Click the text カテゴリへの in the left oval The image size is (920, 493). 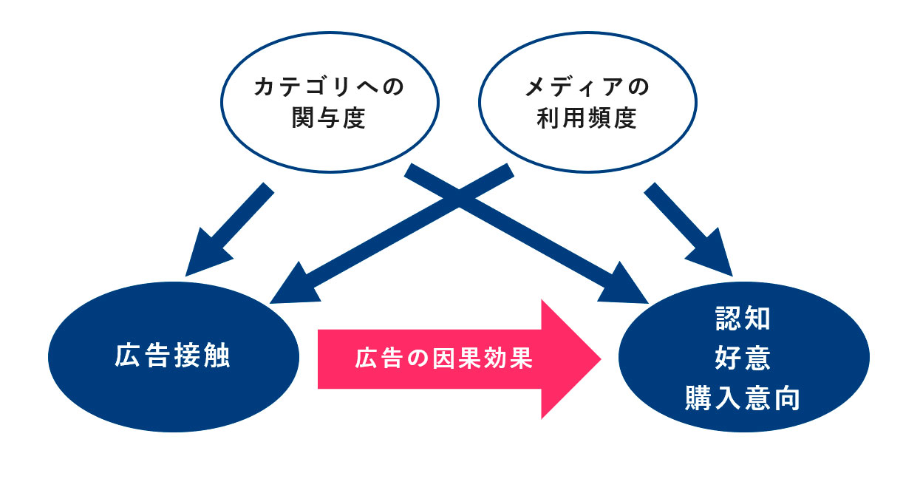pos(329,87)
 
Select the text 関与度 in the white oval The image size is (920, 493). pos(329,118)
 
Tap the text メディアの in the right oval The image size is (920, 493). pos(587,87)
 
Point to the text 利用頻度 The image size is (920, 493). pos(587,118)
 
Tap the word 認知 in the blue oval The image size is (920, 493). pos(743,319)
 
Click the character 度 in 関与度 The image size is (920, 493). pos(355,118)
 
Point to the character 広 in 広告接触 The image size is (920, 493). pos(126,356)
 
